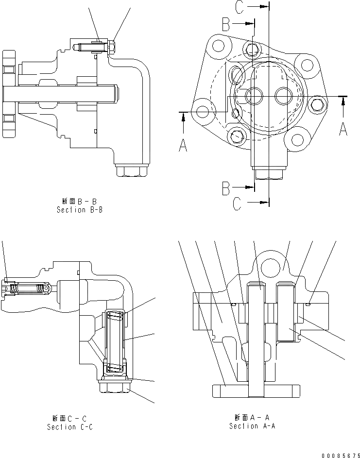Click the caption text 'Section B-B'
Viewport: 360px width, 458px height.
[x=79, y=210]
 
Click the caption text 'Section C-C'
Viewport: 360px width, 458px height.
[x=69, y=427]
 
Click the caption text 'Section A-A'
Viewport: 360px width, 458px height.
[x=252, y=426]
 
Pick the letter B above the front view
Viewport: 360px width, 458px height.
[x=226, y=23]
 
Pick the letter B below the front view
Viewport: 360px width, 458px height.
[x=226, y=187]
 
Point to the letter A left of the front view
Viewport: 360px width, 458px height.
[x=183, y=144]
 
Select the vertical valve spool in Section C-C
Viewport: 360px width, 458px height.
[x=115, y=342]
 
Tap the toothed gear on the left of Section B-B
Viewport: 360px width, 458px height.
[x=9, y=93]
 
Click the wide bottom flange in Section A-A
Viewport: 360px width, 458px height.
[x=255, y=390]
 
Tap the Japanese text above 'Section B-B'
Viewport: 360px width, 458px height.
[x=79, y=201]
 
